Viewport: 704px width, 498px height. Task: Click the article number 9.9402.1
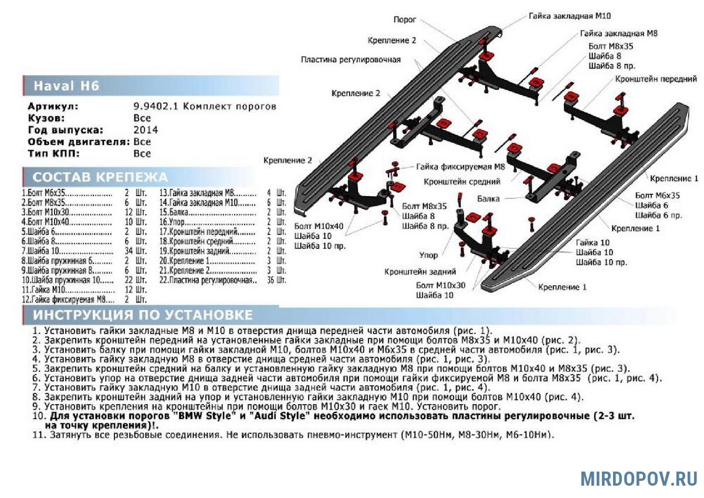pyautogui.click(x=157, y=106)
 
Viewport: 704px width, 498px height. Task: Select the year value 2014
pyautogui.click(x=145, y=130)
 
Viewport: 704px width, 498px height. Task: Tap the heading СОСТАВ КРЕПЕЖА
pyautogui.click(x=100, y=177)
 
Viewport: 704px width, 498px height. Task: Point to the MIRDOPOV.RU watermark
pyautogui.click(x=639, y=478)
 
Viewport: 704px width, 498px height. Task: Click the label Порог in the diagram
pyautogui.click(x=405, y=19)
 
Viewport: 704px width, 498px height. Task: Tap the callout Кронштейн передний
pyautogui.click(x=656, y=79)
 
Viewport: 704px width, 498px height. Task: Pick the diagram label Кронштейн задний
pyautogui.click(x=420, y=272)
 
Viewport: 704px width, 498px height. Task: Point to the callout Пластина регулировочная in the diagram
pyautogui.click(x=351, y=59)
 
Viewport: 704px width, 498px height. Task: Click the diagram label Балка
pyautogui.click(x=488, y=198)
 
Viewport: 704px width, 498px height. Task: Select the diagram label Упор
pyautogui.click(x=428, y=255)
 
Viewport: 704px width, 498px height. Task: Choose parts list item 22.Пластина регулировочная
pyautogui.click(x=208, y=280)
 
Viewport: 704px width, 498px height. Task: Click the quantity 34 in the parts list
pyautogui.click(x=129, y=251)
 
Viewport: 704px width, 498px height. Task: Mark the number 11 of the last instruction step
pyautogui.click(x=36, y=435)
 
